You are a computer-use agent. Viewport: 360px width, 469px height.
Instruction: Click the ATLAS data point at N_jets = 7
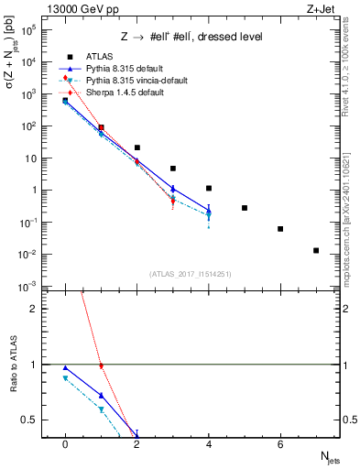[x=316, y=250]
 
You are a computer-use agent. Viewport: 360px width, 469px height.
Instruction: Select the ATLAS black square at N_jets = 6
[x=280, y=229]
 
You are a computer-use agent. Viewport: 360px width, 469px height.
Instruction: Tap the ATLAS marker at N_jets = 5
[x=245, y=208]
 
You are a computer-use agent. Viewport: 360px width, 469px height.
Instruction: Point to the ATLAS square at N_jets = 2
[x=137, y=147]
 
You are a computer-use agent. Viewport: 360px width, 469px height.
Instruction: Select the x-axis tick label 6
[x=280, y=443]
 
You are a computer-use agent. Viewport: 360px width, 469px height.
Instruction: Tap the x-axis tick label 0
[x=65, y=443]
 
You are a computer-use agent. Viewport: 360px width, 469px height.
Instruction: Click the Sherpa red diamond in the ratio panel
[x=101, y=365]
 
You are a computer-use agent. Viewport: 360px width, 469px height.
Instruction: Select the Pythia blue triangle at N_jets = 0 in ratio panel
[x=65, y=368]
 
